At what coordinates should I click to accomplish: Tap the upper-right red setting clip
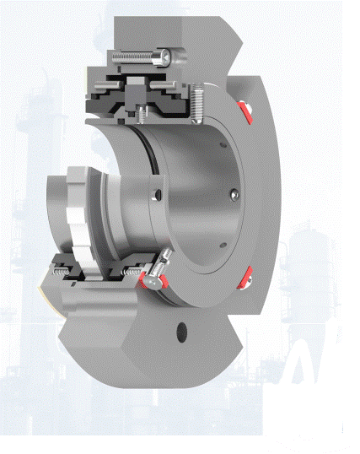click(x=245, y=110)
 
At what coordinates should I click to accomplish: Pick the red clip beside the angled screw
click(x=163, y=283)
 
